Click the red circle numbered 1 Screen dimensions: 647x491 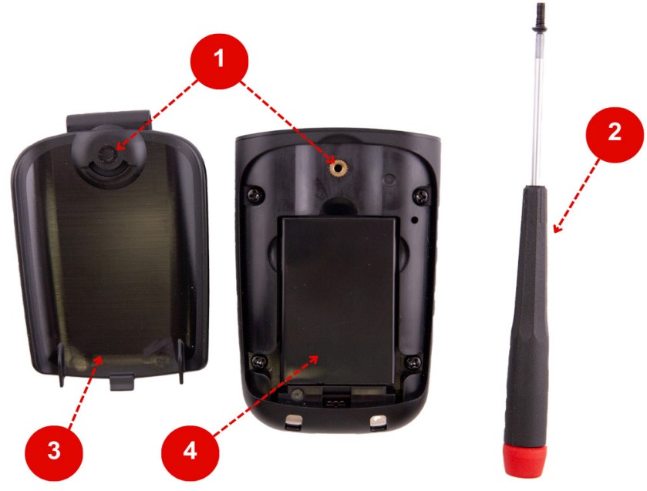[219, 60]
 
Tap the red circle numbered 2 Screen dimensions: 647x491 [615, 135]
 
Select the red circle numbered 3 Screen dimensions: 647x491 [54, 452]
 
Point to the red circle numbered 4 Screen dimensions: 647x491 [190, 452]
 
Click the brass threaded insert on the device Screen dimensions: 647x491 [339, 168]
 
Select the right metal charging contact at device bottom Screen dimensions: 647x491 [378, 422]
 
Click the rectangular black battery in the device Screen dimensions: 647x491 [339, 301]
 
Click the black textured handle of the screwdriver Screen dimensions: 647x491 [527, 318]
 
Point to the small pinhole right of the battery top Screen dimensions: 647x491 [414, 220]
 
